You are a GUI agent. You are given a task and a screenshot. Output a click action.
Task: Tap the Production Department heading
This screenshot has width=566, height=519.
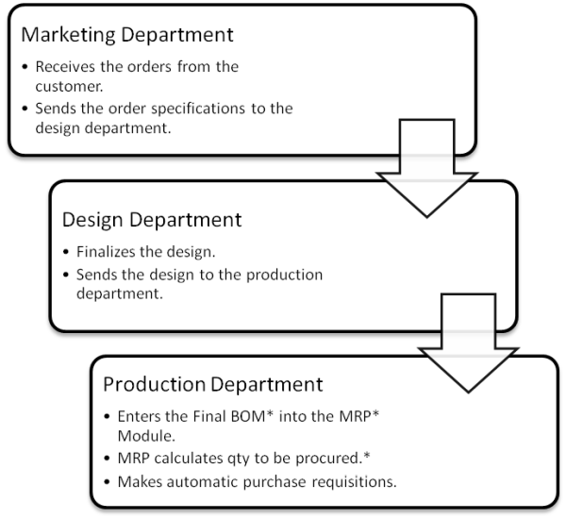point(212,384)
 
